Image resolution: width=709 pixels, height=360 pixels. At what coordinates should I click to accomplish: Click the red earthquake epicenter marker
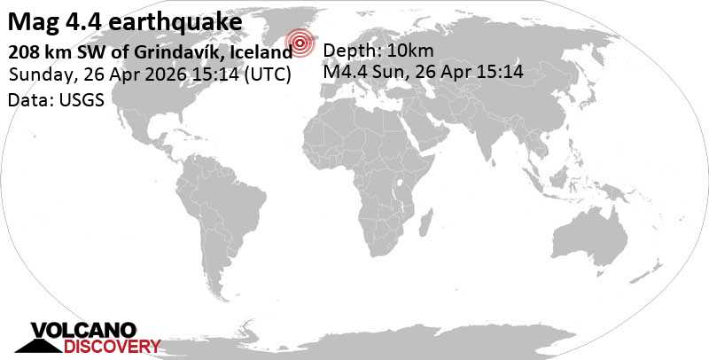click(x=302, y=41)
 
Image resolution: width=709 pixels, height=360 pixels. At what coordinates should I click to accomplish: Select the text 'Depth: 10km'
click(x=378, y=50)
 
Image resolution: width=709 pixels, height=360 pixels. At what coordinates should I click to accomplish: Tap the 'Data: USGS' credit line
click(x=56, y=100)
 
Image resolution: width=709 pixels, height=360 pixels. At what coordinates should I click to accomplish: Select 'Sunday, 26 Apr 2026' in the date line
click(x=89, y=74)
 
